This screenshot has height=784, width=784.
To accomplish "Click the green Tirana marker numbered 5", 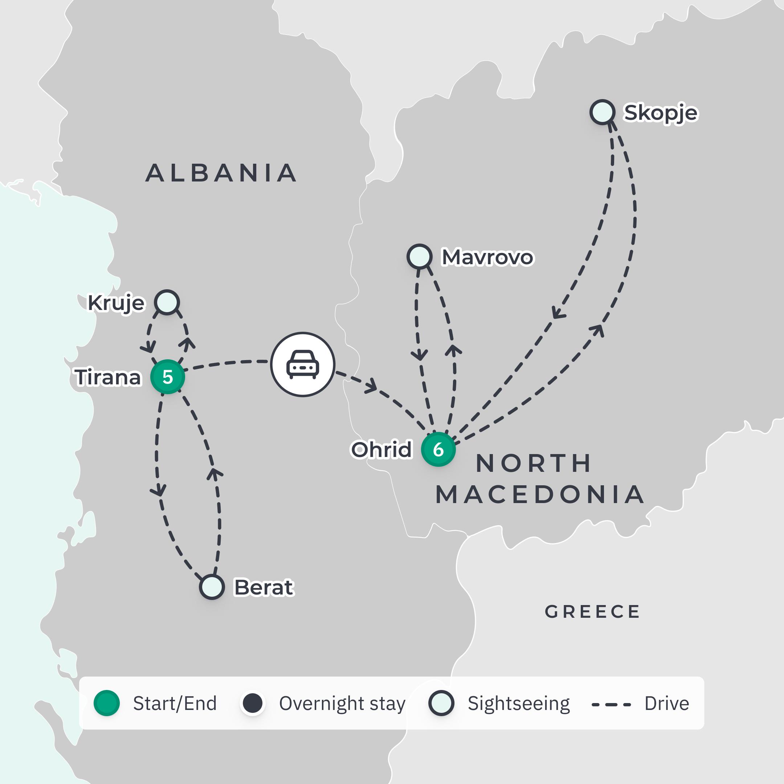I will [x=168, y=377].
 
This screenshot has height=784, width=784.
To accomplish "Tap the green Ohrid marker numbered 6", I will [x=438, y=449].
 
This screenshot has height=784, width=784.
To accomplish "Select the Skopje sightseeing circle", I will [x=602, y=112].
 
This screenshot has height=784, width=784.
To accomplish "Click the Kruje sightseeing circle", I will [x=167, y=302].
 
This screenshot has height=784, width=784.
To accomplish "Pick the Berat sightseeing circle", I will [x=212, y=587].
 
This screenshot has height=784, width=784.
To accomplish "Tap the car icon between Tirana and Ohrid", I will [x=303, y=364].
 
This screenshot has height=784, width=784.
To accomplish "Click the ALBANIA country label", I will [x=221, y=173].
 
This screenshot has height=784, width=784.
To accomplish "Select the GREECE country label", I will [x=592, y=612].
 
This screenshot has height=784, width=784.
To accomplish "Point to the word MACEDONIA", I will [x=540, y=495].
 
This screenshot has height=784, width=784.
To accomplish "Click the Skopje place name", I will [x=661, y=113].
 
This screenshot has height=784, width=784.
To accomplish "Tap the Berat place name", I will [x=264, y=587].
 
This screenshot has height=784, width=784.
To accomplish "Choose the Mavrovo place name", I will [x=487, y=257].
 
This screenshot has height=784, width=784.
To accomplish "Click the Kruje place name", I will [x=116, y=303].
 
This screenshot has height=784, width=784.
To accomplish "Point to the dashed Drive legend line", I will [x=611, y=705].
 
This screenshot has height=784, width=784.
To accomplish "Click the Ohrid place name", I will [x=381, y=450].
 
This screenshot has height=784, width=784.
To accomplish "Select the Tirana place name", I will [x=108, y=377].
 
